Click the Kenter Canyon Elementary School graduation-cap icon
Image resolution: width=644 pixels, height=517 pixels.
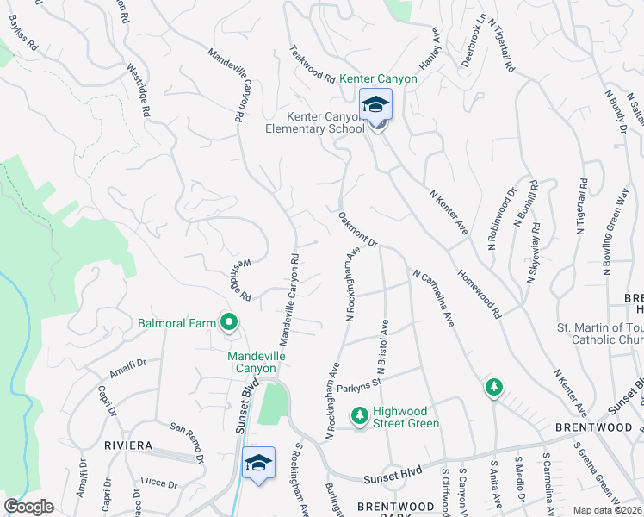pyautogui.click(x=375, y=104)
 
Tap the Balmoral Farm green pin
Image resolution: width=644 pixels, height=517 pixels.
pyautogui.click(x=229, y=323)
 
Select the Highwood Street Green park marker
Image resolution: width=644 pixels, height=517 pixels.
pyautogui.click(x=360, y=416)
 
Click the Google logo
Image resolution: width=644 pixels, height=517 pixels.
pyautogui.click(x=28, y=507)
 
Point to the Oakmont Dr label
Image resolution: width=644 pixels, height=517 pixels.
pyautogui.click(x=358, y=230)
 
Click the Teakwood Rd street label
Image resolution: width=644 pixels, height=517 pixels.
pyautogui.click(x=312, y=64)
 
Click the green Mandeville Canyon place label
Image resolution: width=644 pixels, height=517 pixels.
pyautogui.click(x=257, y=362)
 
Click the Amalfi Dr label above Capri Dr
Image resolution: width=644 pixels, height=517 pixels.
pyautogui.click(x=128, y=369)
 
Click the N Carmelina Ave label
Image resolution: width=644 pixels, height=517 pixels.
pyautogui.click(x=433, y=299)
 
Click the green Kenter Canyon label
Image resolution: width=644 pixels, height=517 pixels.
pyautogui.click(x=378, y=78)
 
